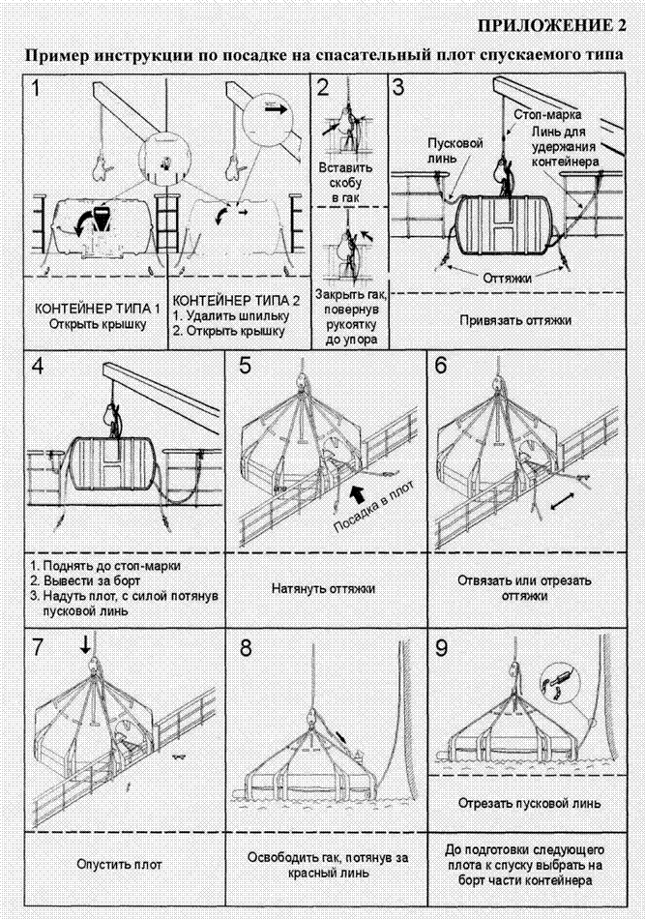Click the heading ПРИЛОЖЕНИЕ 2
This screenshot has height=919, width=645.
point(552,26)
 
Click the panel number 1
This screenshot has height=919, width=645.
point(36,88)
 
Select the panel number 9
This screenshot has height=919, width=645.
point(441,647)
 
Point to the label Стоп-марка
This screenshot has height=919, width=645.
point(547,114)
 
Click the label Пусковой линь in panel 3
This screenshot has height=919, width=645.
point(455,151)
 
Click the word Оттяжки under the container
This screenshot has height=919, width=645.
point(508,278)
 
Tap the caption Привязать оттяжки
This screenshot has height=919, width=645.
point(515,320)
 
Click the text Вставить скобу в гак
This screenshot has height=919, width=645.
point(345,182)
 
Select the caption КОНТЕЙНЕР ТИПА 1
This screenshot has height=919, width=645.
point(98,309)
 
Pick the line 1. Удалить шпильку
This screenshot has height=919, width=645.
point(231,316)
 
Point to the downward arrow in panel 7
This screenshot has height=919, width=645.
point(85,645)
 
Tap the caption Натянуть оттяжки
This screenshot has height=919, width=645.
point(323,588)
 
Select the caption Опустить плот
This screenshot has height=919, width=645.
point(120,864)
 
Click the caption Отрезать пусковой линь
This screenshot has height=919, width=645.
point(530,803)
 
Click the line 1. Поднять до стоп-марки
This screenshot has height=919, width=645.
point(105,566)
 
